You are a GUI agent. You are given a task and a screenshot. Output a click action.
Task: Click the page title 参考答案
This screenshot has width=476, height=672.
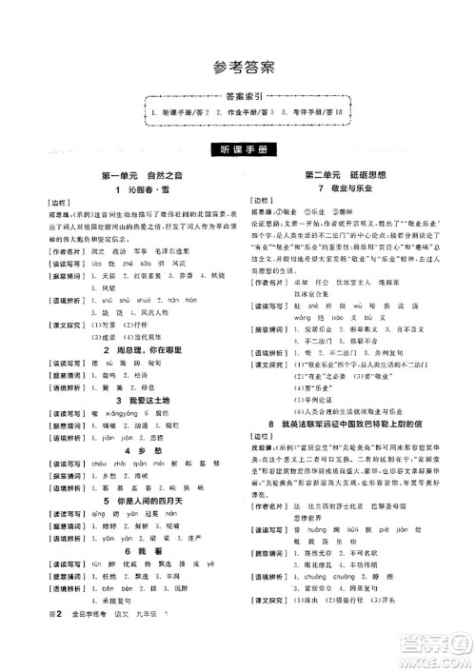[238, 68]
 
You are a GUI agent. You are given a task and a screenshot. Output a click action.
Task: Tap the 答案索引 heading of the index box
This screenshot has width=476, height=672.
[238, 98]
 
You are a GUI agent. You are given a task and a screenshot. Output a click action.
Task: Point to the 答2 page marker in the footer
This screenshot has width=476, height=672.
[40, 645]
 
